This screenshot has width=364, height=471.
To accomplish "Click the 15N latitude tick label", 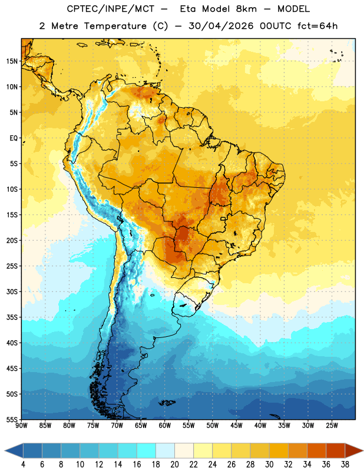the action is [12, 61].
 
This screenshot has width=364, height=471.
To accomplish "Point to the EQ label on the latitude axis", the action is [14, 138].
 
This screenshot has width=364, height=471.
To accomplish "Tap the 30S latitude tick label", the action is [12, 291].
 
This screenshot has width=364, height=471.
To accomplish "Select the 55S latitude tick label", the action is [12, 420].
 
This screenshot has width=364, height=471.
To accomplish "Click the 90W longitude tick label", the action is [21, 426].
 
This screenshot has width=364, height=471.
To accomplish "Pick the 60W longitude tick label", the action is [165, 426].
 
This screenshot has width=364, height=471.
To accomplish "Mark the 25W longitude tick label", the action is [332, 426].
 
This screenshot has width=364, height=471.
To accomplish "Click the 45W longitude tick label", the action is [236, 426].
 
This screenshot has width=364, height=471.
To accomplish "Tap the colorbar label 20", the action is [174, 465].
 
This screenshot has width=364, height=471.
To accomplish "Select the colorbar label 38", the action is [345, 465].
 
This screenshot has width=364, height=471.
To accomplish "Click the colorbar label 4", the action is [23, 465].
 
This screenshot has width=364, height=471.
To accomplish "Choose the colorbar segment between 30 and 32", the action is [279, 451].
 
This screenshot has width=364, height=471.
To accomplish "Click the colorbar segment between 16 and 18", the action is [146, 451].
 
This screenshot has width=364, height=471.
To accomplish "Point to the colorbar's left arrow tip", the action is [5, 451].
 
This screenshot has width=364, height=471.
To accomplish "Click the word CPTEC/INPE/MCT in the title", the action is [111, 9].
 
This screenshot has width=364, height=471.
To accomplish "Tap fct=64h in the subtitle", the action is [317, 26].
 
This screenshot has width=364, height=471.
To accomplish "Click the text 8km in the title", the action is [246, 9].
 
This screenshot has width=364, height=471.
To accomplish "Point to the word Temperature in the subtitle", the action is [115, 26].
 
